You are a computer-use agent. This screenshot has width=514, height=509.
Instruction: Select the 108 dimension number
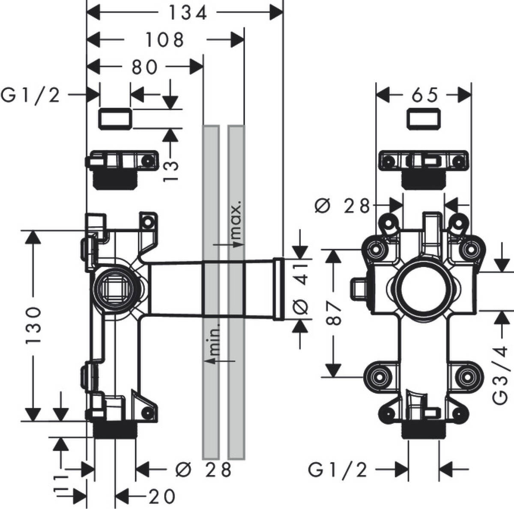point(164,40)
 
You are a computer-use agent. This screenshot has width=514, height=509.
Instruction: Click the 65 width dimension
point(425,95)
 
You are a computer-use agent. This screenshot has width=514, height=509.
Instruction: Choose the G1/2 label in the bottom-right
point(338,471)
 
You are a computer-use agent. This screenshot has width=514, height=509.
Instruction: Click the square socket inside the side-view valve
point(115,287)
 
